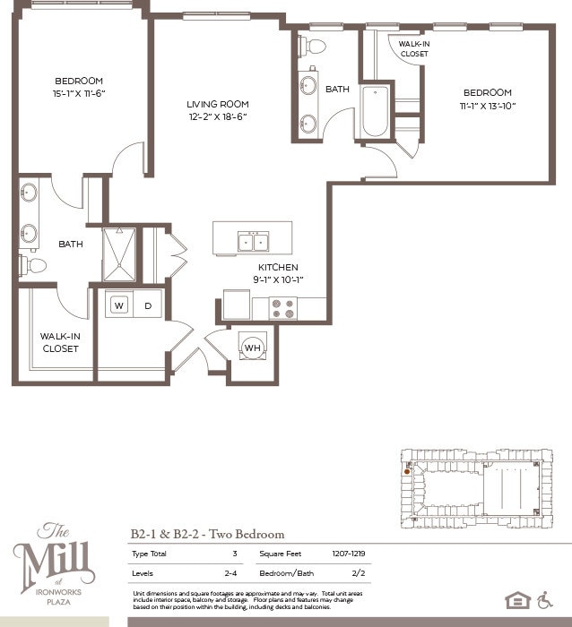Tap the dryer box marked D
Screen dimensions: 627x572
148,305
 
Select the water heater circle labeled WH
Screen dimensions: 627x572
252,347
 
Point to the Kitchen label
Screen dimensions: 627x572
278,268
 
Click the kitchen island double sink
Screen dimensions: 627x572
252,241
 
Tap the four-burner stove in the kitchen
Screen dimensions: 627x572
283,308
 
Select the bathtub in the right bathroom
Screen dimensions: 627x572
375,111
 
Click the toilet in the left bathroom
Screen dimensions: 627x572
32,265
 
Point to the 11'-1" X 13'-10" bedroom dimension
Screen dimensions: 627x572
487,106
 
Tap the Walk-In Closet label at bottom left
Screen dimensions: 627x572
60,342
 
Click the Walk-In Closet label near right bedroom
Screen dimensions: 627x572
413,48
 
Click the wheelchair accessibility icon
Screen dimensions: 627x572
545,599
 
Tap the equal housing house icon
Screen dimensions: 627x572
517,600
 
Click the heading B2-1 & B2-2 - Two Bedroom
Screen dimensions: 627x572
208,534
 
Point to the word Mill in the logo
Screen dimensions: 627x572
55,563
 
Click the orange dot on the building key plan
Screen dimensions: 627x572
407,470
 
